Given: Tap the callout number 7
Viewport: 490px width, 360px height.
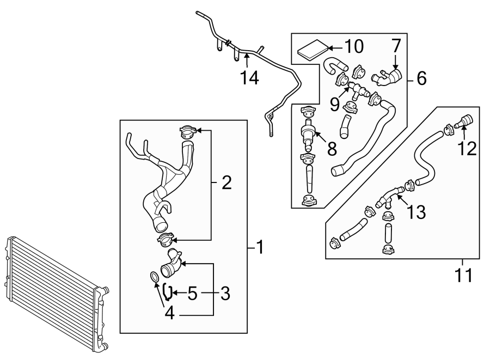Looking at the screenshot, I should [396, 46].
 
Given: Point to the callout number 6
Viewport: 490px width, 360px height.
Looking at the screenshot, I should [421, 78].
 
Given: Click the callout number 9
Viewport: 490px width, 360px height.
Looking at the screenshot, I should [334, 102].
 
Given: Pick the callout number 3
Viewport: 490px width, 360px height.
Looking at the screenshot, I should [223, 294].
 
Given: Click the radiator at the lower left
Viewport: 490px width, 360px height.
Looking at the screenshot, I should [52, 291].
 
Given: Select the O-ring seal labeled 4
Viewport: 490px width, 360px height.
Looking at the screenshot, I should [155, 277].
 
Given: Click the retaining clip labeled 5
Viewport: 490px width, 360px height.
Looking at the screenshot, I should [168, 293].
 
